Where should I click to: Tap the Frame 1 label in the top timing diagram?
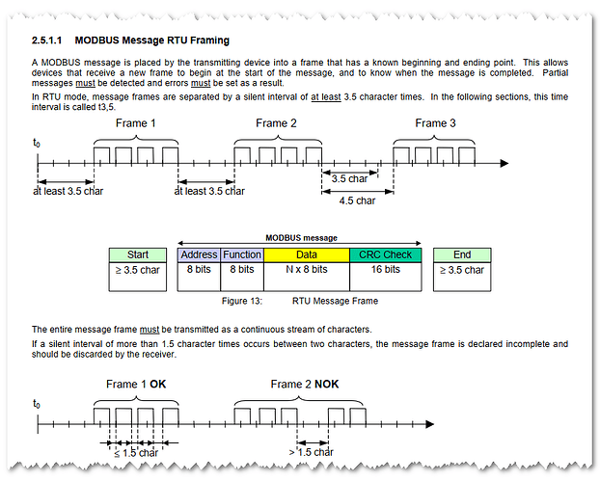click(x=136, y=123)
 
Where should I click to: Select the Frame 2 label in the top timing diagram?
click(x=276, y=123)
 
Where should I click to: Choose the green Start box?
click(x=137, y=254)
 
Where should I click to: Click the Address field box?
click(x=200, y=254)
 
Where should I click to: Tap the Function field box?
click(x=242, y=254)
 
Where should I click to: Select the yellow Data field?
click(x=306, y=254)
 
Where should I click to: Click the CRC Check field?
click(x=386, y=254)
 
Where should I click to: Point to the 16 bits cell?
click(x=386, y=270)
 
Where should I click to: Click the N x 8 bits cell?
click(x=306, y=270)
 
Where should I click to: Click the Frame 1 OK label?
click(x=135, y=385)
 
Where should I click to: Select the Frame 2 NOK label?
click(x=304, y=385)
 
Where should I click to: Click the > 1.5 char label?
click(x=311, y=452)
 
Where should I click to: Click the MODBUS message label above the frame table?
click(x=300, y=237)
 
